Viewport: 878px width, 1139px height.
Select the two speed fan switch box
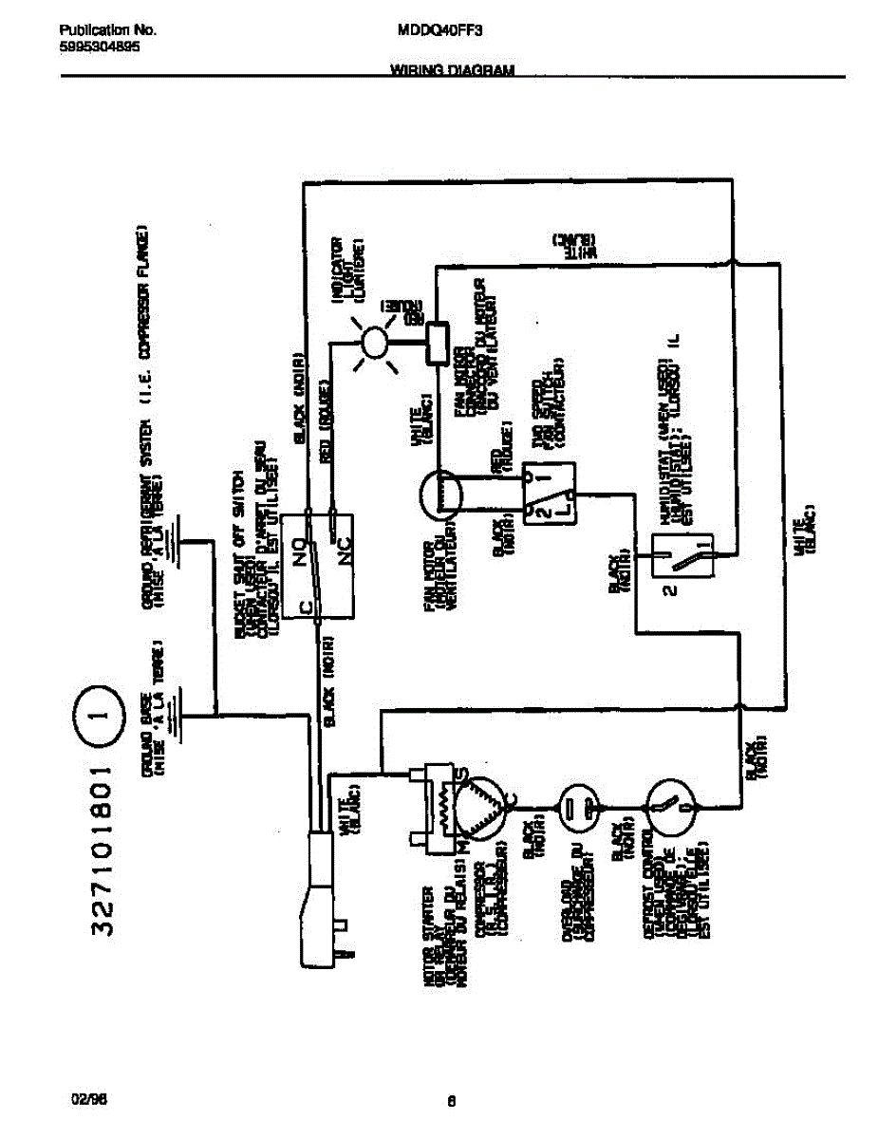pos(551,493)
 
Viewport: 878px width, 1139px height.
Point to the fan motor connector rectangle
pos(439,342)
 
